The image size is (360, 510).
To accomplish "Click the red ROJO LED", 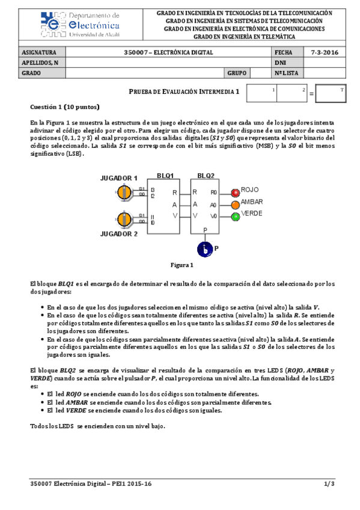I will click(235, 192).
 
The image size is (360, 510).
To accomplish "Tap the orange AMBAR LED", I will click(235, 204).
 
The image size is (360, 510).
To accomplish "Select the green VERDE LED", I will click(235, 217).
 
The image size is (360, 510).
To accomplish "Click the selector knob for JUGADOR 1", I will click(125, 192).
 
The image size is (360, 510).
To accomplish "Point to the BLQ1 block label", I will click(165, 176).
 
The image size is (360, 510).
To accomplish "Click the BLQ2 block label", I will click(206, 176).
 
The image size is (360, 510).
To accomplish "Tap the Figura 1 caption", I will click(182, 265).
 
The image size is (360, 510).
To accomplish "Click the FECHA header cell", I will click(283, 52).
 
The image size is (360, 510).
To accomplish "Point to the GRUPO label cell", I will click(237, 73).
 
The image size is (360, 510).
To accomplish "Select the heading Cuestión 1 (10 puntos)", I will click(64, 106).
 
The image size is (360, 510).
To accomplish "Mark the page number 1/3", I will click(328, 483).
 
